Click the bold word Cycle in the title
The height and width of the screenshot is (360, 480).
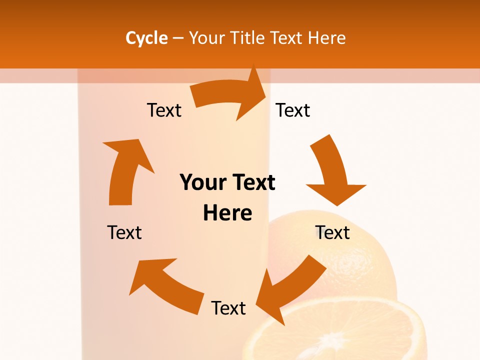(146, 38)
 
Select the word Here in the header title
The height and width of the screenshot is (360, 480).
(326, 38)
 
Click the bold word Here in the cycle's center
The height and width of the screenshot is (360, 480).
(227, 213)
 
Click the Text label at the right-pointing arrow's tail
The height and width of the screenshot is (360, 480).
(164, 110)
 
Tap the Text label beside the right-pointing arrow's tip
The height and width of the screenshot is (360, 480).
(293, 110)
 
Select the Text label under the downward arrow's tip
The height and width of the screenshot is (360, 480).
(332, 232)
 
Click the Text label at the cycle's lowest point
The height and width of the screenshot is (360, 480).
(228, 308)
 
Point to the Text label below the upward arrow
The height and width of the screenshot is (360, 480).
(124, 232)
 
